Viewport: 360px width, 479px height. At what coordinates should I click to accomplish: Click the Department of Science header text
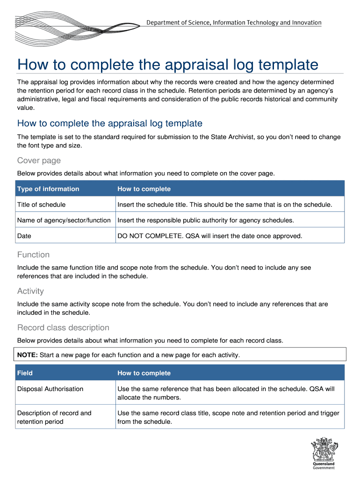234,22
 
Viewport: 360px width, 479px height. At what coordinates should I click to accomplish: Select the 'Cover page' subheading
39,160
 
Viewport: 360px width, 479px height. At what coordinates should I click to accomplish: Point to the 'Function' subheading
33,254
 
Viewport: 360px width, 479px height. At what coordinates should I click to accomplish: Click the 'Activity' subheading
30,291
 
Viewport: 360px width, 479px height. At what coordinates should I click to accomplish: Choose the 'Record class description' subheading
63,327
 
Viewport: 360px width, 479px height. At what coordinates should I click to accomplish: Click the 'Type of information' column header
48,189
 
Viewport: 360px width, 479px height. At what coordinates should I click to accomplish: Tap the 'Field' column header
25,373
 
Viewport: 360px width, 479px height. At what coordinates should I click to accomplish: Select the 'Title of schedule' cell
41,204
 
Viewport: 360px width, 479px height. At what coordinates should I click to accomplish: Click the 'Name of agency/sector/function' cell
64,220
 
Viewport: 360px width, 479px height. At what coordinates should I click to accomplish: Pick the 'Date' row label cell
24,236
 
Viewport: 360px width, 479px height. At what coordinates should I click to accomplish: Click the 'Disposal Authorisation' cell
50,389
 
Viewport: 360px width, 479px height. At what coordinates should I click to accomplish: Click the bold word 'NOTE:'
28,355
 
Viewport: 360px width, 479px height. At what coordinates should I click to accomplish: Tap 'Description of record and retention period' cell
54,417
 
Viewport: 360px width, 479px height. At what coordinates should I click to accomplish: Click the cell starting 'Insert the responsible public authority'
206,220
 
